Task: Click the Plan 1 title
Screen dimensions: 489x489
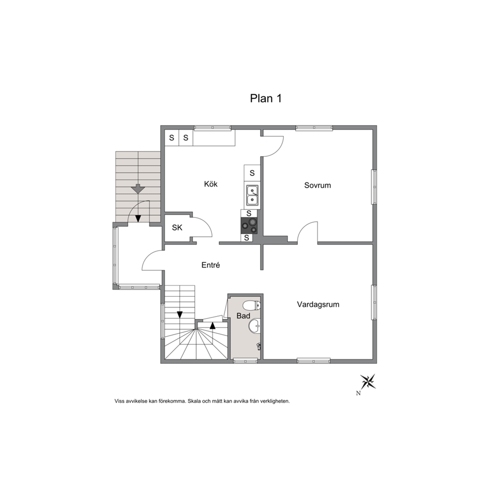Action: (x=266, y=99)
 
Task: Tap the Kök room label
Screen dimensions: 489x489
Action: (x=211, y=184)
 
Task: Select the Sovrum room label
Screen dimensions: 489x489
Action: (x=317, y=185)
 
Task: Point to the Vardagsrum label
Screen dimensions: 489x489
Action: (x=318, y=304)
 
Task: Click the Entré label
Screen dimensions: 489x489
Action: (x=211, y=265)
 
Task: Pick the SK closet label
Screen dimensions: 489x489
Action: (x=177, y=228)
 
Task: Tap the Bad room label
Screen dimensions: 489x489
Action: (x=243, y=316)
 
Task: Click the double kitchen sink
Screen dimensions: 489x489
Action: (x=252, y=195)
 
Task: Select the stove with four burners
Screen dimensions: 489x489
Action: (x=249, y=225)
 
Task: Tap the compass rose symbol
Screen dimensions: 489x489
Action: (x=368, y=382)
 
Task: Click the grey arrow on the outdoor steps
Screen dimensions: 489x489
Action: (x=138, y=189)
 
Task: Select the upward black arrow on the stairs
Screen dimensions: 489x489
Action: (x=212, y=325)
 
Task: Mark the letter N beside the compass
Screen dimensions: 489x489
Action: (x=358, y=393)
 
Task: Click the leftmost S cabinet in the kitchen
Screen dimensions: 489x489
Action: (x=172, y=138)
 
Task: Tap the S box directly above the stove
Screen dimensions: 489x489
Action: (x=249, y=213)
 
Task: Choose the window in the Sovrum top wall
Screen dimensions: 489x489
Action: (x=314, y=128)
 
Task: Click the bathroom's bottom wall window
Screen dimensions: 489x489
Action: (x=246, y=361)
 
